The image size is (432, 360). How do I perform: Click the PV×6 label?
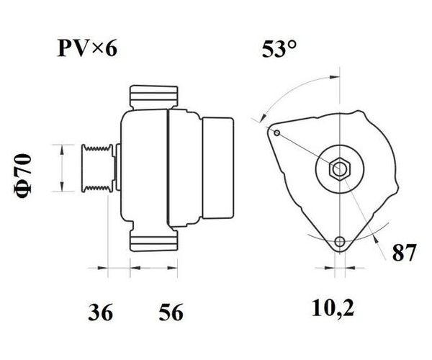tap(87, 48)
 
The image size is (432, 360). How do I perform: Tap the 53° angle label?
tap(279, 49)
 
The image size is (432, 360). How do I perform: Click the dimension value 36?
tap(101, 312)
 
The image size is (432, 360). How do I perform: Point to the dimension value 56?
tap(171, 312)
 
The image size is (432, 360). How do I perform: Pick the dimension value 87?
tap(404, 253)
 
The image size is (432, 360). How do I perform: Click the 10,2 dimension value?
tap(333, 307)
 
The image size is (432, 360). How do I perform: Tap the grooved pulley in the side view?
tap(98, 168)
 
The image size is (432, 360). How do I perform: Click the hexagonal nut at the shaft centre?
tap(340, 169)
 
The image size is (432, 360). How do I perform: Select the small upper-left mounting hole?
tap(277, 133)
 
